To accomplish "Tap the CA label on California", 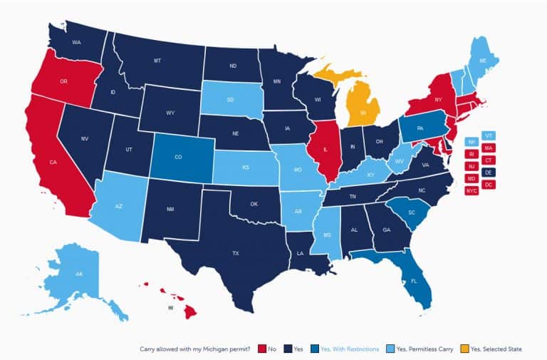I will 53,163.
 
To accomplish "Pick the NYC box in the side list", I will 472,191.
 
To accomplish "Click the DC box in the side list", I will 489,185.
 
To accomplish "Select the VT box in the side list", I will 489,135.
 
